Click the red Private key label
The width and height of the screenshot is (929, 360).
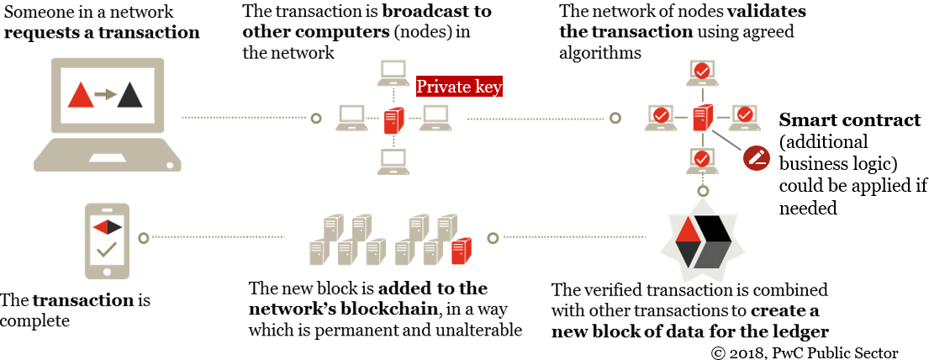coord(459,87)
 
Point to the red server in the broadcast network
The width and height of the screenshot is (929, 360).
coord(392,121)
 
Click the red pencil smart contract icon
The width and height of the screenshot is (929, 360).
coord(756,156)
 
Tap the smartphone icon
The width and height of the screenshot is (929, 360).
coord(107,240)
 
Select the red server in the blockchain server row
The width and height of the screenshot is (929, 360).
coord(461,251)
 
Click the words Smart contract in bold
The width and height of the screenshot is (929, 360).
coord(850,120)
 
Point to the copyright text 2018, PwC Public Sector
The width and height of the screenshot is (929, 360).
coord(803,352)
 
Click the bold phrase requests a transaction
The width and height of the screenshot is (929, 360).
coord(102,34)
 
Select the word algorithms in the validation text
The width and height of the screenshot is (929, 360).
coord(600,53)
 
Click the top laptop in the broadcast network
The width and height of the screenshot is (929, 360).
coord(391,73)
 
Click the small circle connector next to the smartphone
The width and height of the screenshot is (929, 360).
coord(144,239)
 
